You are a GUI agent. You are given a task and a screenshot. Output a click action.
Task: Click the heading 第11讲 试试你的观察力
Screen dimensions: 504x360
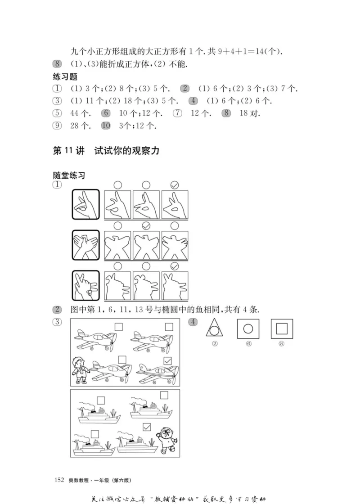106,151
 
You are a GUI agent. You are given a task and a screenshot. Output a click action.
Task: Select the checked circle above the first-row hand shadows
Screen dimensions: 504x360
175,185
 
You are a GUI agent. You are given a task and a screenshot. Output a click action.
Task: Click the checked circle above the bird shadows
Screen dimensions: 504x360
146,225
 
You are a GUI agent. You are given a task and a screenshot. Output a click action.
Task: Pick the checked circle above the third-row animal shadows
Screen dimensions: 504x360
175,266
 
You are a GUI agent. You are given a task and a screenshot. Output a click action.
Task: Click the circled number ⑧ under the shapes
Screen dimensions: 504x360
282,344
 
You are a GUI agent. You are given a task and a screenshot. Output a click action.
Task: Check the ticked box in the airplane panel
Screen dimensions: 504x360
167,361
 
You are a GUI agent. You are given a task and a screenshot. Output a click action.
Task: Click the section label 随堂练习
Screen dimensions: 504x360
69,176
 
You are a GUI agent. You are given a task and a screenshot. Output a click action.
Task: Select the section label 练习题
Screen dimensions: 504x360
65,77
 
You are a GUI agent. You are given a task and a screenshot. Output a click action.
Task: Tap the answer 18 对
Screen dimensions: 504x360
250,113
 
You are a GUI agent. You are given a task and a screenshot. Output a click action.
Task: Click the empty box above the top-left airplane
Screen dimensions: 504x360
119,327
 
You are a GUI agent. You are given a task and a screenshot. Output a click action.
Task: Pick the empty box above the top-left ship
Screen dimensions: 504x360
100,399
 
